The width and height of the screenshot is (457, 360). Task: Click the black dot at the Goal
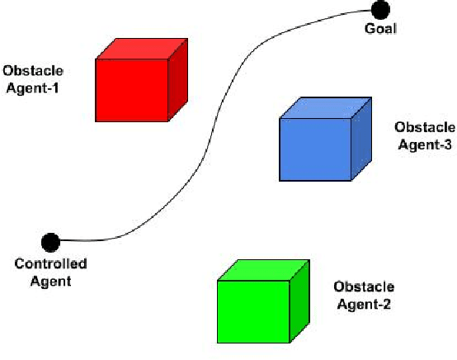[x=379, y=11]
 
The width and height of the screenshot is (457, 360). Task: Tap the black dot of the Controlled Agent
[x=50, y=243]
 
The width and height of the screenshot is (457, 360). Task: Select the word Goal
[x=380, y=30]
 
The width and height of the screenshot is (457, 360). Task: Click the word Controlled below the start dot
[x=51, y=264]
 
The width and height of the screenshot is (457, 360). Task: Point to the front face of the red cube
[x=132, y=91]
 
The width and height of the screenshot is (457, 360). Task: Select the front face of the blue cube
[x=314, y=149]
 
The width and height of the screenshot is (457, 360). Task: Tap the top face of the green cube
[x=264, y=270]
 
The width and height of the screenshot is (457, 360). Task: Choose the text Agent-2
[x=363, y=304]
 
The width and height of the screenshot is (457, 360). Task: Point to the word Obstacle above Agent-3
[x=425, y=127]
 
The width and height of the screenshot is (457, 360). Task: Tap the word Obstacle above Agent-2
[x=363, y=287]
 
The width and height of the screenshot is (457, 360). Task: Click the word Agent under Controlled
[x=51, y=281]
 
